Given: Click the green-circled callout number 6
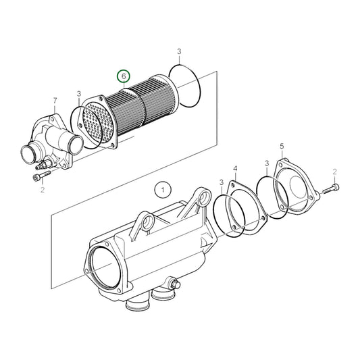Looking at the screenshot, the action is [124, 76].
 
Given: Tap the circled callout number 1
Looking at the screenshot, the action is [163, 190].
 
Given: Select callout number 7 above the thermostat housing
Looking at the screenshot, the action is [55, 101].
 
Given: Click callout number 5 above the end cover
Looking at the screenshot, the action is [282, 146].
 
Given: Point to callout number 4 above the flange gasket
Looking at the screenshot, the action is [235, 169].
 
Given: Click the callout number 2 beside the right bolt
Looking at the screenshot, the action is [334, 172].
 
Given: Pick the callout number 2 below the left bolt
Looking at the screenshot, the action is [43, 190].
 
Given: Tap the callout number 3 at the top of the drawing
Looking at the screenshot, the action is [179, 51].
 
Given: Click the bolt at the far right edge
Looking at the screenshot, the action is [331, 189].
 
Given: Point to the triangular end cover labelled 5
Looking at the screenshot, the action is [297, 186].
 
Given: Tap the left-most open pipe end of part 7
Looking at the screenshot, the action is [28, 155].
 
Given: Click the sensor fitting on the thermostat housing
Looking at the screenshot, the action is [45, 164].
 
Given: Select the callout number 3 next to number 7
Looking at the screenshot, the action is [79, 94].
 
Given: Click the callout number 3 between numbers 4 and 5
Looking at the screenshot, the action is [267, 163].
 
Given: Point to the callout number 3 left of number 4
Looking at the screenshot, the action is [222, 182].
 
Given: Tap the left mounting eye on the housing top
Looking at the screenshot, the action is [147, 222].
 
